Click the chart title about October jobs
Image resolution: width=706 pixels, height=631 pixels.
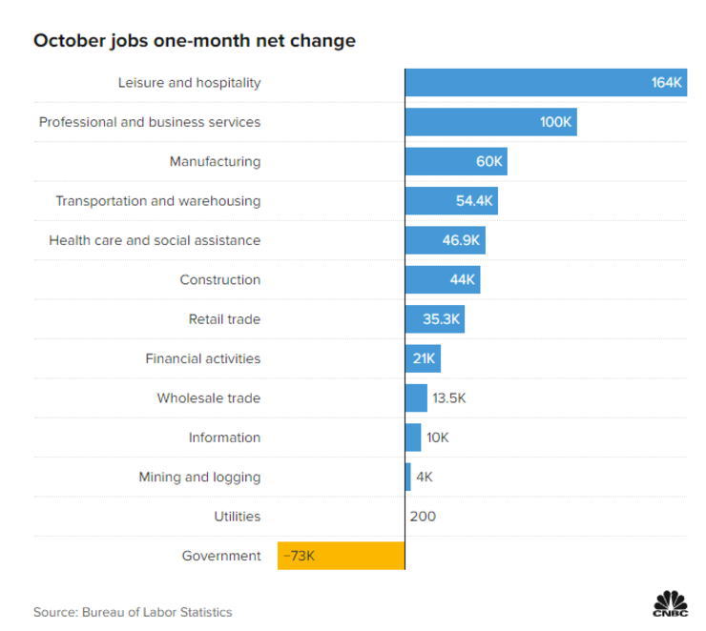point(195,41)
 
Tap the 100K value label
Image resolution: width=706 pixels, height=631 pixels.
point(555,122)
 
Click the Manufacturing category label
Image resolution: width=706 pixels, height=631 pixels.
point(215,161)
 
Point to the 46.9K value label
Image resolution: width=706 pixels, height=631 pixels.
point(459,240)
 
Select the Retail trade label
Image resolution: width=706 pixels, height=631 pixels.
point(224,319)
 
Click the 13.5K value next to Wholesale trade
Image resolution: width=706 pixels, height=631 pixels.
point(448,397)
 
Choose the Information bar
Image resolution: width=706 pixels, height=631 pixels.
point(412,438)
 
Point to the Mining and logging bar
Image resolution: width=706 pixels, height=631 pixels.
point(407,477)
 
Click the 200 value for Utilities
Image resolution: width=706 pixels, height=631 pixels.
point(422,516)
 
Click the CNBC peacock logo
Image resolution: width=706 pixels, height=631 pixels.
point(670,604)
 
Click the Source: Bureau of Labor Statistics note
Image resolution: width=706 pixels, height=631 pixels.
point(133,612)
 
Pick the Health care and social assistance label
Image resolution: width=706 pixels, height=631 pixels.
point(155,240)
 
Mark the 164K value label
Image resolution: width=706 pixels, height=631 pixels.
point(667,83)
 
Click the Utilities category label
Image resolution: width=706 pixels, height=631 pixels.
point(237,516)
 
